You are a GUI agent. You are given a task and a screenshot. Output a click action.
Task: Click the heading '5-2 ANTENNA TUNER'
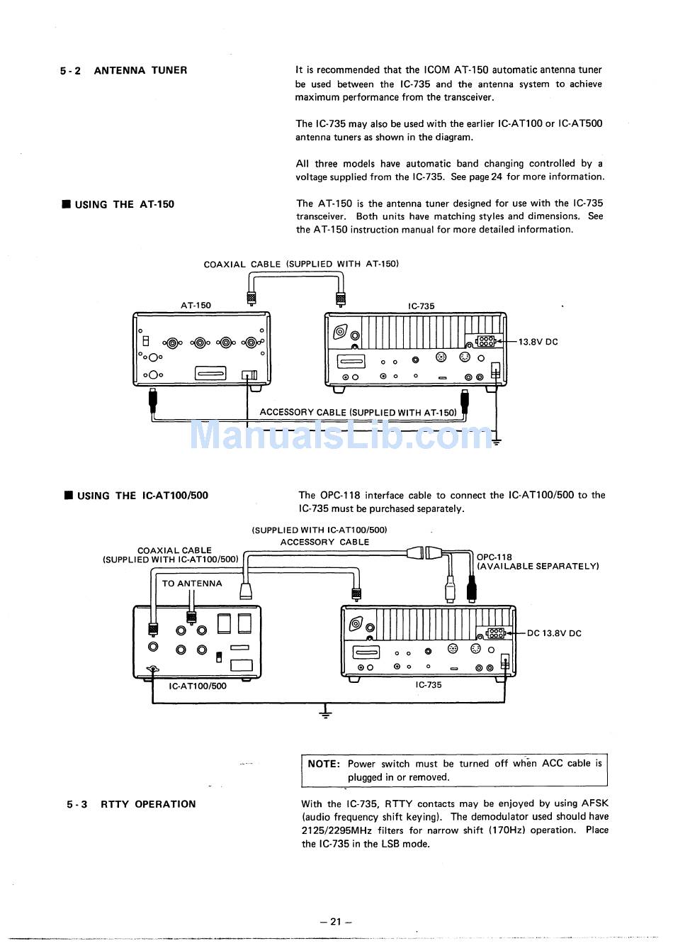(x=124, y=70)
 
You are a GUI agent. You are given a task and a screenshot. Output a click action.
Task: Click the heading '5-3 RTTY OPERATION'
(x=132, y=804)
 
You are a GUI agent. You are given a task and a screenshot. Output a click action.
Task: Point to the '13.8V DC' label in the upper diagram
(x=538, y=342)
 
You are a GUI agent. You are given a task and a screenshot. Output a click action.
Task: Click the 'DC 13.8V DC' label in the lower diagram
(x=554, y=633)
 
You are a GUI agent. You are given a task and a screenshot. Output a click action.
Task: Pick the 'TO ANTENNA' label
(x=192, y=584)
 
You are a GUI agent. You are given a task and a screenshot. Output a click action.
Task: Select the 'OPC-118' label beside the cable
(x=494, y=557)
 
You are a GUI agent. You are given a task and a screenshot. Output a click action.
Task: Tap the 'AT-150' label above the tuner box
(x=196, y=306)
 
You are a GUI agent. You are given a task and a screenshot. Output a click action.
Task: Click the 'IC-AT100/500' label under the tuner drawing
(x=198, y=686)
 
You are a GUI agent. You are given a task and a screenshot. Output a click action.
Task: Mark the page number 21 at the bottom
(x=336, y=922)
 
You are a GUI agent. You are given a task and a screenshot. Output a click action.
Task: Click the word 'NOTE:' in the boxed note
(x=324, y=764)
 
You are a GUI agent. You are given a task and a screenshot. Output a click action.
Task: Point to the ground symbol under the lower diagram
(x=325, y=711)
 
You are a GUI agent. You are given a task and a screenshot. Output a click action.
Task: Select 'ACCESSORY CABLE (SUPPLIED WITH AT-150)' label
(x=358, y=412)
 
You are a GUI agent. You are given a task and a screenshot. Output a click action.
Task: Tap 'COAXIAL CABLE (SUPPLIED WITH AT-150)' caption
(x=301, y=264)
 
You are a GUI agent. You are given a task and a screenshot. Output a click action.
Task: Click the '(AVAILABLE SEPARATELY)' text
(x=538, y=567)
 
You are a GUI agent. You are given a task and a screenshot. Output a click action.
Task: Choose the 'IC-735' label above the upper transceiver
(x=421, y=306)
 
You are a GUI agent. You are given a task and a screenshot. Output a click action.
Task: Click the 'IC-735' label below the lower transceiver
(x=428, y=685)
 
